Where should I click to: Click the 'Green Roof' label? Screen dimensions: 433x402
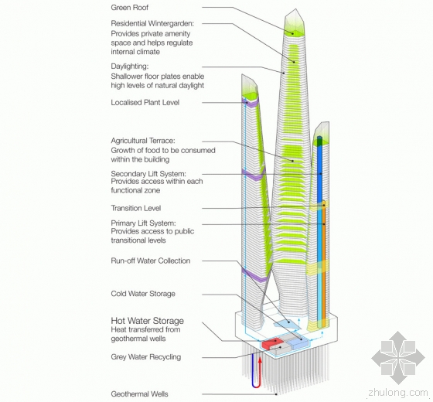pos(130,8)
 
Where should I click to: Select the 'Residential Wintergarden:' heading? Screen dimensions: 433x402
pos(152,23)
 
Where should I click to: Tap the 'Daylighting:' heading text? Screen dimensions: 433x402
pos(130,66)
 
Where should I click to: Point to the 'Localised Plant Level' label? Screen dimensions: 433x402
pos(145,102)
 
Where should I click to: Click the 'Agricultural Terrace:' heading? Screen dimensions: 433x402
pos(143,141)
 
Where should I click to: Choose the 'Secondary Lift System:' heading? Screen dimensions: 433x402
pos(148,174)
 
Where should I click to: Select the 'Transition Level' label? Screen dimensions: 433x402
pos(136,208)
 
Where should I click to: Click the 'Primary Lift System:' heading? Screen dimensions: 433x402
pos(143,223)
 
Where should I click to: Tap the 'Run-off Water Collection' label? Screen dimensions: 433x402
pos(151,261)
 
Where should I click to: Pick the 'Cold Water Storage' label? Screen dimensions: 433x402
pos(143,294)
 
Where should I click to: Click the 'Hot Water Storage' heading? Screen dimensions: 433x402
pos(147,321)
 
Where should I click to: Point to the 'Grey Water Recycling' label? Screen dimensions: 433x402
pos(146,356)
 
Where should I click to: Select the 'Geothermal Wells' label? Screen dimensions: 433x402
pos(139,393)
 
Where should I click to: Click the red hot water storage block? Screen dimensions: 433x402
pos(271,343)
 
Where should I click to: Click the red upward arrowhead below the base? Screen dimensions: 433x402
pos(260,360)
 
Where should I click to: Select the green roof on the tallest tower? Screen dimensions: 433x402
pos(295,32)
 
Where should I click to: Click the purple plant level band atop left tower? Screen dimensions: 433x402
pos(251,102)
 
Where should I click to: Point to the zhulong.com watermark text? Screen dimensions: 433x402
pos(398,392)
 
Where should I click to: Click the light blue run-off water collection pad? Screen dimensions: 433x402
pos(287,324)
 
